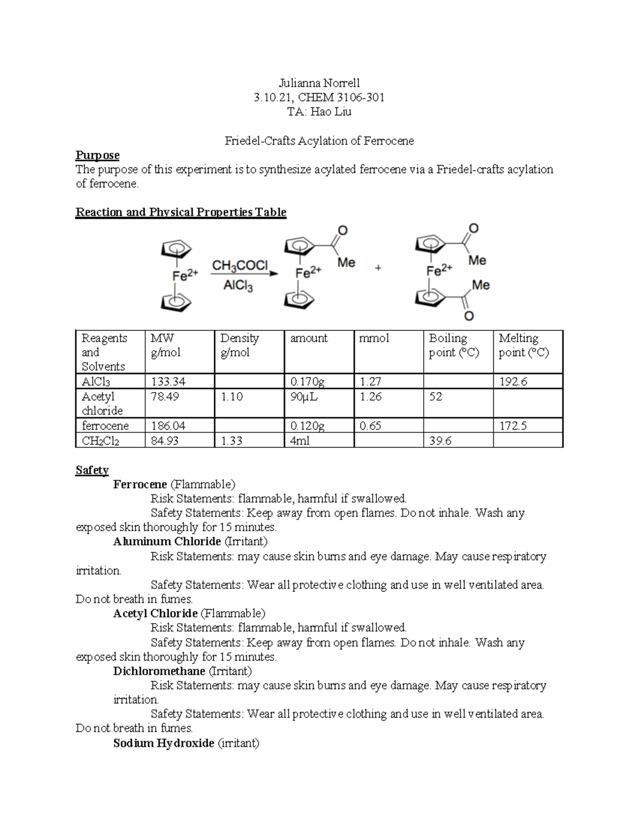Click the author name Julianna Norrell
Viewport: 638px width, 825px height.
[319, 83]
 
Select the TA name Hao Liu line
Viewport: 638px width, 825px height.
[319, 112]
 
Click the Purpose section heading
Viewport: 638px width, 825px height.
[97, 155]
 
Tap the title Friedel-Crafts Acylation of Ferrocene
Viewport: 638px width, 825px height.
[319, 141]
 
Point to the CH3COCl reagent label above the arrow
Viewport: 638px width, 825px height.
[240, 265]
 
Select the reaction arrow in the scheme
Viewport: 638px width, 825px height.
[245, 275]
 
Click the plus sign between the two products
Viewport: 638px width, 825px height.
[378, 268]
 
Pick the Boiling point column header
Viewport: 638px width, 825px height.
[448, 345]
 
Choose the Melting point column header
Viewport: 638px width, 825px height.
[523, 345]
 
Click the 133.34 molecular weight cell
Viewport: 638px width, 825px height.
[169, 381]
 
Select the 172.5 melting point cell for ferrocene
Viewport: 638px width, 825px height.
[513, 426]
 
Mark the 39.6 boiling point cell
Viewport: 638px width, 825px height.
[440, 440]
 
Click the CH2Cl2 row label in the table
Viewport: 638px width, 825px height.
[100, 440]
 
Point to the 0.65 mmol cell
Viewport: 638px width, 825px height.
[370, 426]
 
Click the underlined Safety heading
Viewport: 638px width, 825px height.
[92, 470]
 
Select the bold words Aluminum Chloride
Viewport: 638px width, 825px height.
[167, 541]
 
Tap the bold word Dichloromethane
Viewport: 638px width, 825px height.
[159, 671]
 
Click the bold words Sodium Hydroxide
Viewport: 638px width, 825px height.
[164, 743]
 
